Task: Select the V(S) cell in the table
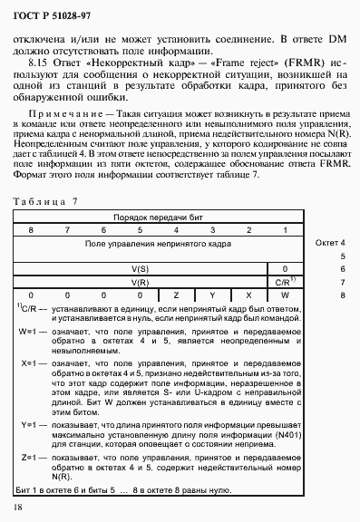tap(141, 269)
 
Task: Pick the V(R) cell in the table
tap(141, 282)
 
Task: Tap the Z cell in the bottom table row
tap(176, 295)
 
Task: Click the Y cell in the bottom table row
tap(211, 295)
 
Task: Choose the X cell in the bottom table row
tap(248, 295)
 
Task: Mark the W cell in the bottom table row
tap(284, 295)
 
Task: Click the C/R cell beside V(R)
tap(283, 282)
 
